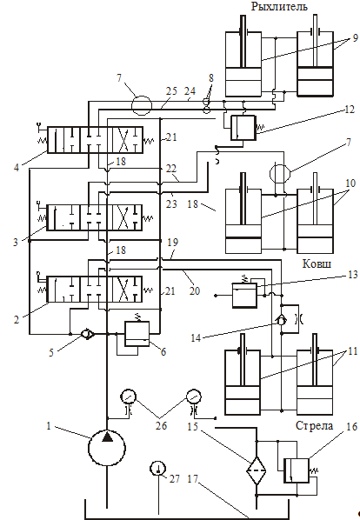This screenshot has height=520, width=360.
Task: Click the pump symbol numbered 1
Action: point(107,447)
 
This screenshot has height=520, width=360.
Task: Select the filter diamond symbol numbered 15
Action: point(257,470)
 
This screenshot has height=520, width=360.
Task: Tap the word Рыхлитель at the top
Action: point(279,6)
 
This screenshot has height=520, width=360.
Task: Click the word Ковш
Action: point(317,263)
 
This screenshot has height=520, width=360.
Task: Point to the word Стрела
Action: point(314,425)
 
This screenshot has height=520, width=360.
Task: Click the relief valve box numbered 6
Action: point(137,334)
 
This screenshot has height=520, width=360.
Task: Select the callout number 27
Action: point(175,478)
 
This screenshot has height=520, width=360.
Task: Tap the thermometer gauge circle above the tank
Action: point(157,469)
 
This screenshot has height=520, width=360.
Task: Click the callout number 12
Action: point(349,109)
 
